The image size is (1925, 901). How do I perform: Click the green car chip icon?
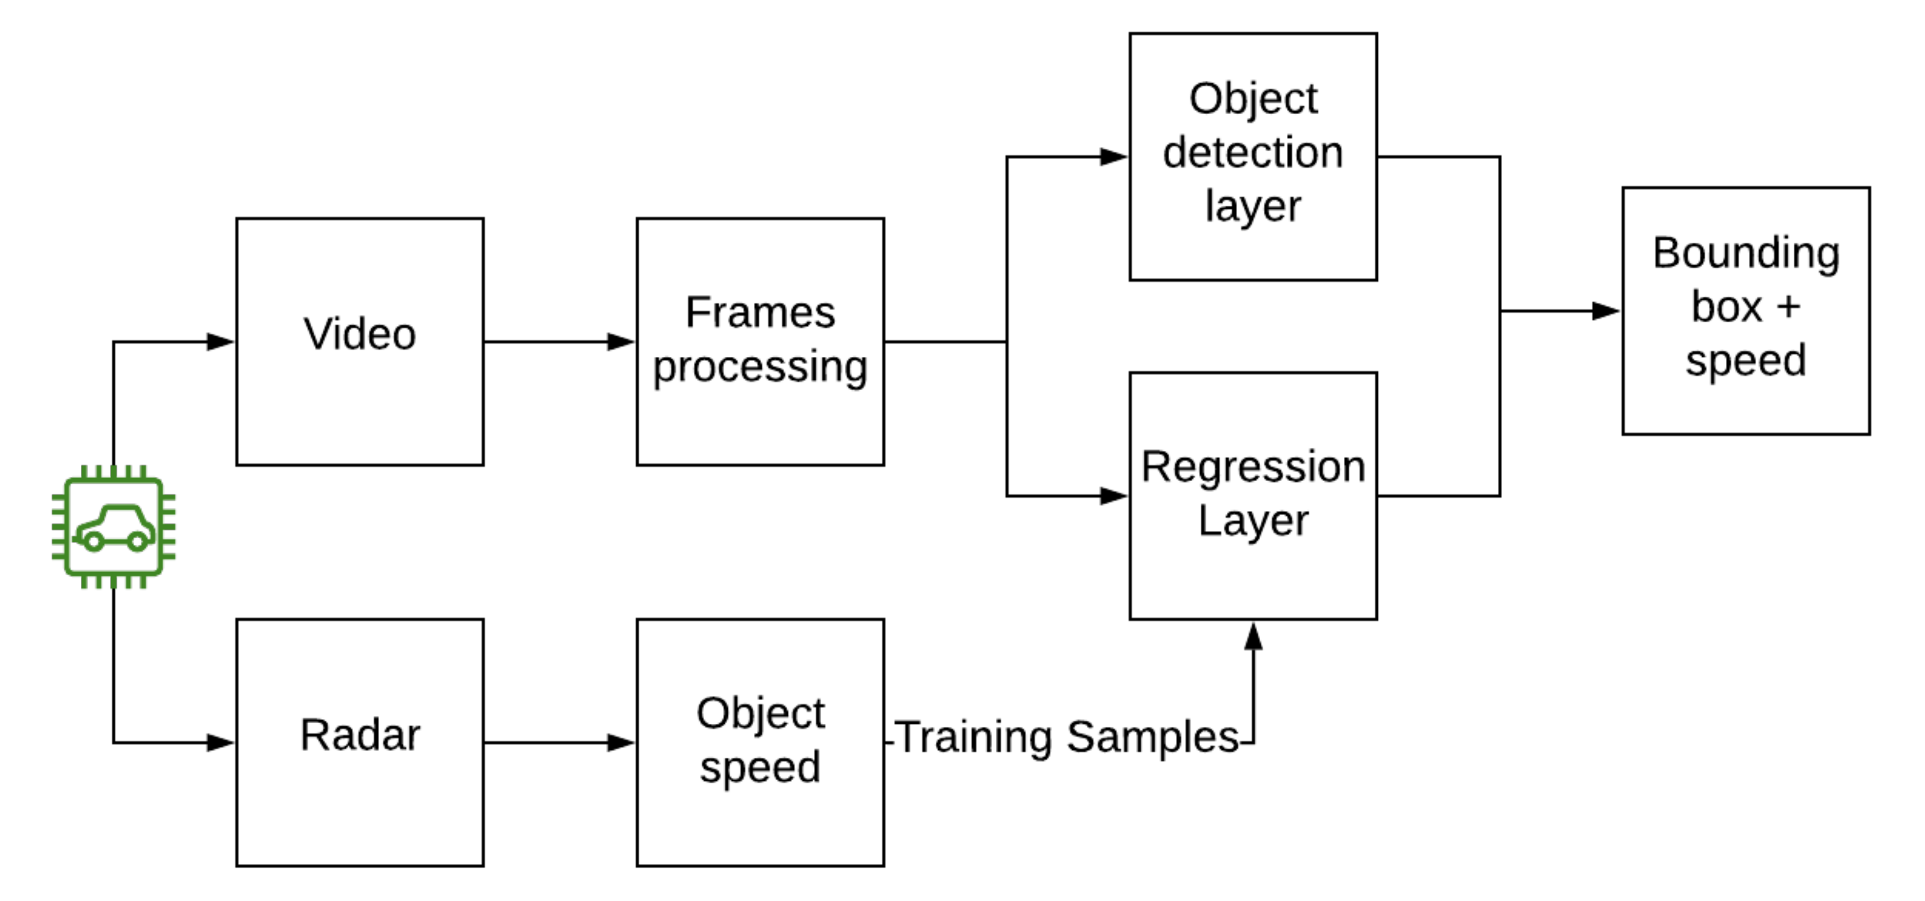coord(113,527)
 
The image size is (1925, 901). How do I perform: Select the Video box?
coord(359,342)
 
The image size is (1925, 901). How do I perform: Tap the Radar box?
coord(359,742)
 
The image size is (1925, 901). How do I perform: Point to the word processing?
coord(760,367)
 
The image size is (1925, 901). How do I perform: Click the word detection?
coord(1252,152)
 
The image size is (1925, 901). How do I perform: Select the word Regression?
coord(1252,467)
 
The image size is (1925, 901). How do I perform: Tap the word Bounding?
coord(1746,253)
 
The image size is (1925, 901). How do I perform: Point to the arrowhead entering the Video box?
coord(220,342)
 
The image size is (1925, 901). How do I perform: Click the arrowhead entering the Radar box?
coord(220,742)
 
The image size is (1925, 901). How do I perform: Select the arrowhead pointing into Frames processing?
coord(620,342)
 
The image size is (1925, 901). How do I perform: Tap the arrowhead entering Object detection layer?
coord(1113,157)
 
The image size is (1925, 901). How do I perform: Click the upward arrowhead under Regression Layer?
coord(1253,636)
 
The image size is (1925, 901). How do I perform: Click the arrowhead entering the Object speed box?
coord(620,742)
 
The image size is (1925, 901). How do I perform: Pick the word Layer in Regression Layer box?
coord(1252,521)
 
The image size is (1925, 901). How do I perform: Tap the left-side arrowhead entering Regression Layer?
coord(1113,496)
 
